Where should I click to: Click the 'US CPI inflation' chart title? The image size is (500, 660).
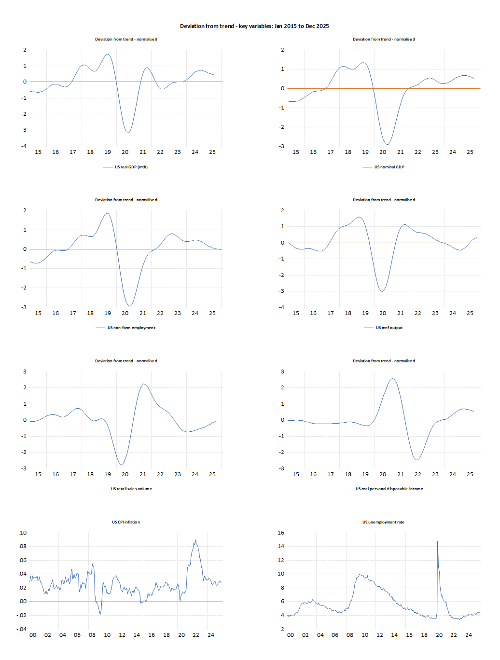point(126,522)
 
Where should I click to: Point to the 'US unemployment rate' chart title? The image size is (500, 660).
point(383,522)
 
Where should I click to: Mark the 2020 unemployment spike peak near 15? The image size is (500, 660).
point(437,541)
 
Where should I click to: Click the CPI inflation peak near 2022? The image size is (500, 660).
point(196,540)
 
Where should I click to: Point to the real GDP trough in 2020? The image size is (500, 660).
point(128,133)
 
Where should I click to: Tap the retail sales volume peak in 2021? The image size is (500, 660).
point(144,384)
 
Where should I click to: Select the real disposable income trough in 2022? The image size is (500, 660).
point(417,460)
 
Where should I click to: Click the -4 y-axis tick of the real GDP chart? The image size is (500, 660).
point(24,146)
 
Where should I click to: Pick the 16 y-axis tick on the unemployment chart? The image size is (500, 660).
point(281,533)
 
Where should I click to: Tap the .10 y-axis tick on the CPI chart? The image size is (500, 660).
point(23,533)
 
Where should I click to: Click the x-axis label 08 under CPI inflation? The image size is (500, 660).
point(92,635)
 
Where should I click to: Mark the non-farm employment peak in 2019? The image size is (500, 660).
point(107,213)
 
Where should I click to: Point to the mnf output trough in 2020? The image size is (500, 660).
point(382,291)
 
